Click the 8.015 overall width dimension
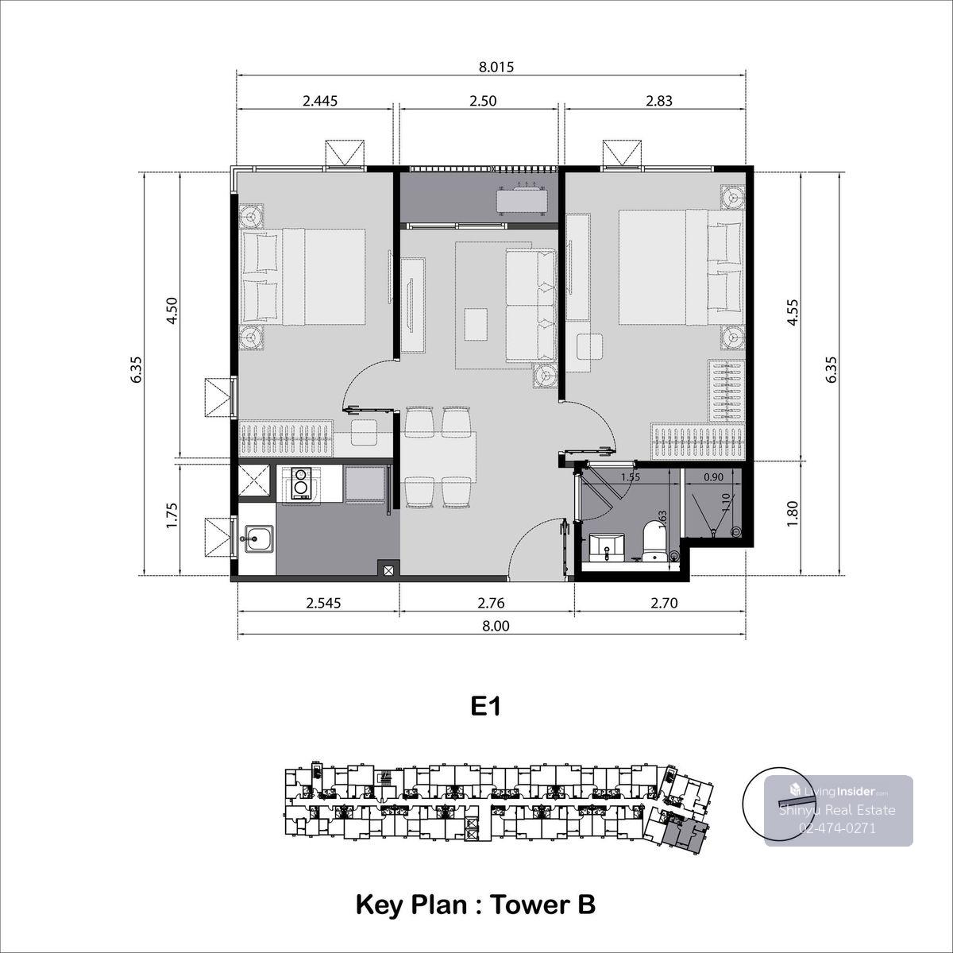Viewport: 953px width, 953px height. pos(496,67)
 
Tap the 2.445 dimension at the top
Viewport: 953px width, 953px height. pos(320,101)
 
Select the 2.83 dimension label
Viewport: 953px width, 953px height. pos(658,101)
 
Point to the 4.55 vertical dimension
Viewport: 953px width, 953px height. pos(793,312)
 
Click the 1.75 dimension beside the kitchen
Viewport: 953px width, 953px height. pos(171,516)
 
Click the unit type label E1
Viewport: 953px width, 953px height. pos(485,708)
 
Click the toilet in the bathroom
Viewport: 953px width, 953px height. pos(655,542)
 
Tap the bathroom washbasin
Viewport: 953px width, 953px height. pos(606,547)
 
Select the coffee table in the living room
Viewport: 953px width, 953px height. pos(476,323)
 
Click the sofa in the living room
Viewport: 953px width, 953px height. pos(531,305)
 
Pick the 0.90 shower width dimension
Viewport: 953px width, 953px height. pos(713,476)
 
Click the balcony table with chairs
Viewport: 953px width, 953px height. pos(523,199)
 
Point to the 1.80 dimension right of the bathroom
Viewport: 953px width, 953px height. pos(792,515)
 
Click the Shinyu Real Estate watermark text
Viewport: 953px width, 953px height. pos(837,809)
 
